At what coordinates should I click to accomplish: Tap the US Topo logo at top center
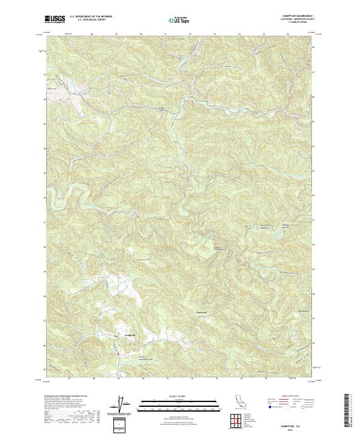tap(179, 20)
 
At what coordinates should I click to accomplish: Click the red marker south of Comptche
tap(118, 354)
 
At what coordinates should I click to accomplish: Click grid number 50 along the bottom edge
tap(143, 379)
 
